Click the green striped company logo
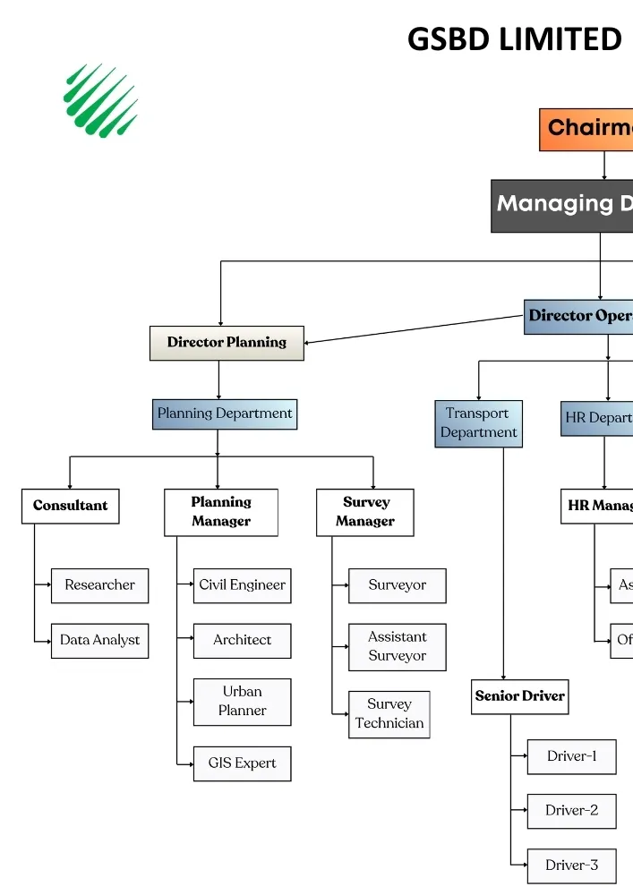point(100,99)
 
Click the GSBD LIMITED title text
point(514,39)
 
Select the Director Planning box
point(227,343)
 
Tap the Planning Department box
point(225,414)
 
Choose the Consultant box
point(70,506)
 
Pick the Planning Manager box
point(221,512)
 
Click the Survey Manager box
point(365,512)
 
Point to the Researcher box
point(99,585)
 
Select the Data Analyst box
point(99,641)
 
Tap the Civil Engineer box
point(242,585)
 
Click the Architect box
point(242,641)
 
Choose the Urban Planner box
point(242,702)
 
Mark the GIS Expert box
point(242,763)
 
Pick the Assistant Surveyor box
point(397,647)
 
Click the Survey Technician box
point(389,714)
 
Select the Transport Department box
point(478,423)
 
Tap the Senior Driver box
point(520,696)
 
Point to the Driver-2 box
point(571,811)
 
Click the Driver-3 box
point(571,865)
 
